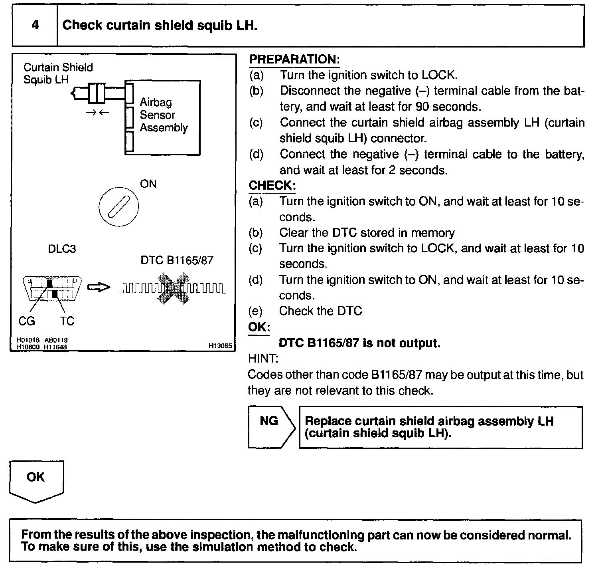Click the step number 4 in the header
pyautogui.click(x=35, y=25)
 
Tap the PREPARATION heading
pyautogui.click(x=294, y=59)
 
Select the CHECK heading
pyautogui.click(x=272, y=185)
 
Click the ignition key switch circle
pyautogui.click(x=118, y=206)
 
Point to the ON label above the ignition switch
pyautogui.click(x=148, y=184)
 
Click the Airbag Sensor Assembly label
pyautogui.click(x=164, y=115)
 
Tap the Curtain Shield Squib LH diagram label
pyautogui.click(x=58, y=73)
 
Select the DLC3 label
pyautogui.click(x=62, y=249)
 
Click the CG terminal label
pyautogui.click(x=27, y=321)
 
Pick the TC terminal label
pyautogui.click(x=67, y=321)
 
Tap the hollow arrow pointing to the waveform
pyautogui.click(x=98, y=287)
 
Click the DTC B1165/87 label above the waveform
pyautogui.click(x=177, y=260)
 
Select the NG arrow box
pyautogui.click(x=271, y=427)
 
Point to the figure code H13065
pyautogui.click(x=220, y=346)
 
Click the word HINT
pyautogui.click(x=263, y=359)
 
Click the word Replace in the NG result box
pyautogui.click(x=328, y=421)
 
